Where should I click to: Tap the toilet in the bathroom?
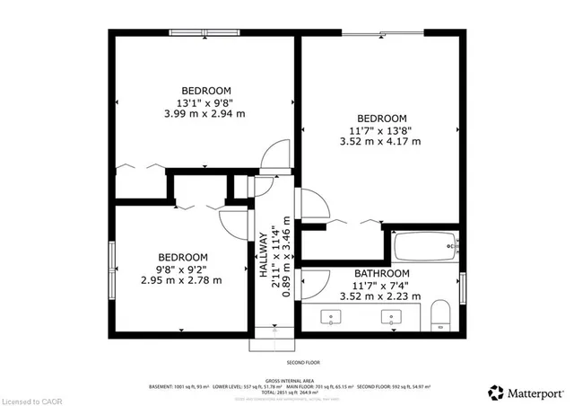440,314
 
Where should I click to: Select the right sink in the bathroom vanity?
391,316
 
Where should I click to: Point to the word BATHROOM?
382,273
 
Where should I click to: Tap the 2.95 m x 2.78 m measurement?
181,280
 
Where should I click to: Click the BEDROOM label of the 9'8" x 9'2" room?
181,256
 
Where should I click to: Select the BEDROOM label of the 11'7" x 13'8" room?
382,119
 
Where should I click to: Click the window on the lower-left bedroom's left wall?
112,268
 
